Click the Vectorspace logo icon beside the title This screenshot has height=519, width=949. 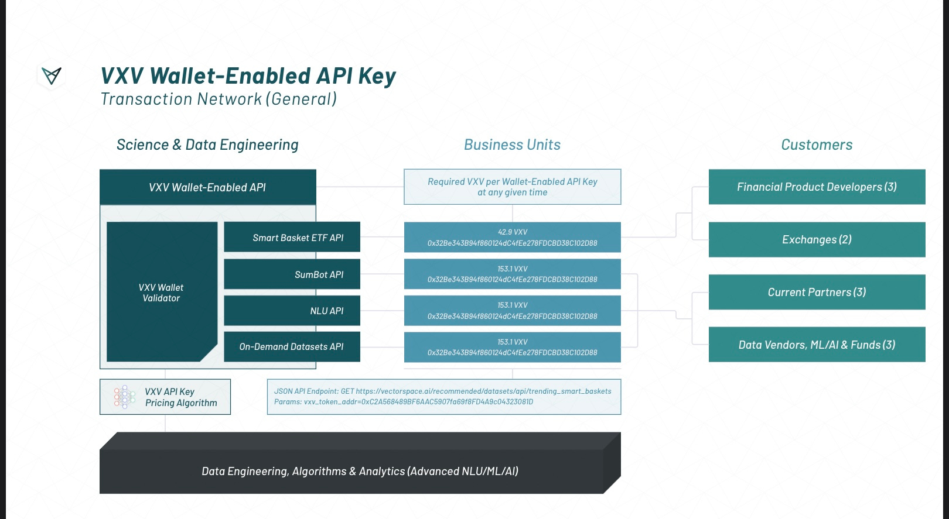52,75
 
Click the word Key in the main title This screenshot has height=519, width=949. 377,77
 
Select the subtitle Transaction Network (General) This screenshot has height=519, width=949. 219,99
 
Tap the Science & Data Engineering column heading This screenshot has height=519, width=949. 207,145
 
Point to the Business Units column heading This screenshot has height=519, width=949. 512,145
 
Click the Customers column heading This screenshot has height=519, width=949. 817,145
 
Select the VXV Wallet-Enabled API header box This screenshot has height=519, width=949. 207,187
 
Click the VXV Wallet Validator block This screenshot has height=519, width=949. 161,293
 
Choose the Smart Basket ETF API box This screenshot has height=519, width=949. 292,238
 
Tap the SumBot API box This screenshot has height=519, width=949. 292,274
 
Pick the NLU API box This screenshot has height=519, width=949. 292,311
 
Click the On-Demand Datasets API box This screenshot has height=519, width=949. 292,346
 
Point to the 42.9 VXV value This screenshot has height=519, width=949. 513,232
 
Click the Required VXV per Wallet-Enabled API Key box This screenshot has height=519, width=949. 512,187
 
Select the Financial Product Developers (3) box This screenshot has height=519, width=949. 817,187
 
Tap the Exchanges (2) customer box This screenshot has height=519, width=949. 817,239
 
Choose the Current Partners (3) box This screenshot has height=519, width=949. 817,292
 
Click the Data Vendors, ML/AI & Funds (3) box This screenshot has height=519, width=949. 817,345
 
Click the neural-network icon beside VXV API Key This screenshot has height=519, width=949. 124,397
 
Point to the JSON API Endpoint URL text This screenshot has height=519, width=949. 483,391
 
